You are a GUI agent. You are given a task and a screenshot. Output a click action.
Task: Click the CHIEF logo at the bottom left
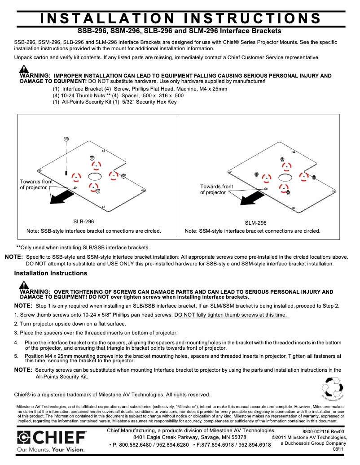52,437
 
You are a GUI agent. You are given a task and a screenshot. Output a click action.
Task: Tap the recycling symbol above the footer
333,387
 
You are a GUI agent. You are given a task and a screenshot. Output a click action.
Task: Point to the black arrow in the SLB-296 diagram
62,196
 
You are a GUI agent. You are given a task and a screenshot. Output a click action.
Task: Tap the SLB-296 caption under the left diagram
83,222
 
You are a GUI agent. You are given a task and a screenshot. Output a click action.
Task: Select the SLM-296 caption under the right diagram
255,222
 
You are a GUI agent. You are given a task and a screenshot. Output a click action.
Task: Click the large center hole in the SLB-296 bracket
95,175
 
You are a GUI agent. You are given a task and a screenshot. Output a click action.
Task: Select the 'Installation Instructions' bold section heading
51,273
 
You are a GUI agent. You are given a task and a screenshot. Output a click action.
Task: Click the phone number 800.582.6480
133,445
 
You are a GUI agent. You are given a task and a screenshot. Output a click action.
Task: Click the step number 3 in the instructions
16,333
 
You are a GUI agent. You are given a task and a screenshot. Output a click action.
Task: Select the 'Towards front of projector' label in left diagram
35,184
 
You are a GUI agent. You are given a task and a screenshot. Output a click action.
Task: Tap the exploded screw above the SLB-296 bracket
66,139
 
